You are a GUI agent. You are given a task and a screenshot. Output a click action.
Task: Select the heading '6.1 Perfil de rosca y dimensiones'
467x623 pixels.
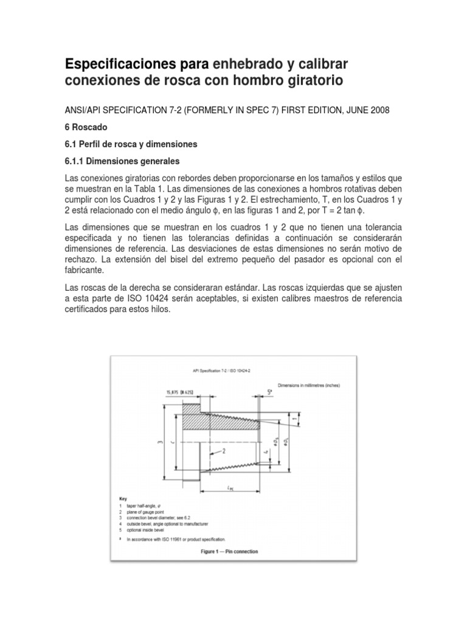tap(132, 144)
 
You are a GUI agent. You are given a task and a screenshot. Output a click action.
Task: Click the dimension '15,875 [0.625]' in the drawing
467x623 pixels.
tap(182, 392)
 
